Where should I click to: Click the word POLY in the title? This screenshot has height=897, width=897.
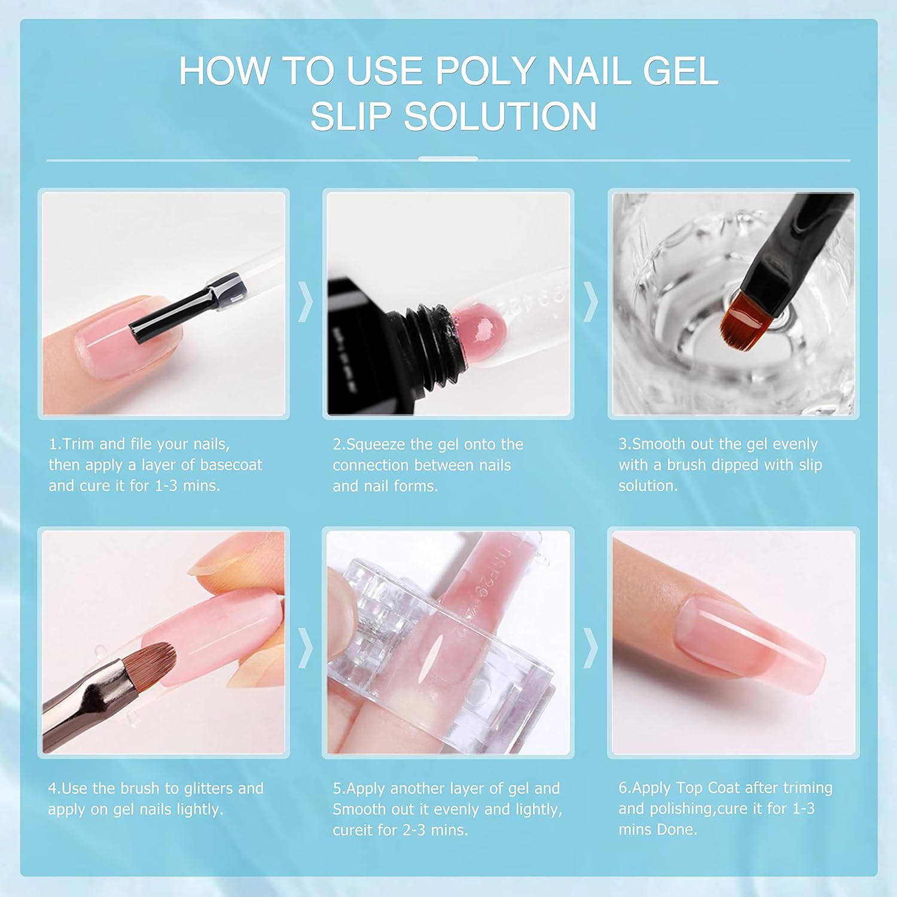(485, 71)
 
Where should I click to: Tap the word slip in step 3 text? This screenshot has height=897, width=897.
(810, 465)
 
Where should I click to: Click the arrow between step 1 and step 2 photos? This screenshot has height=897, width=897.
(306, 302)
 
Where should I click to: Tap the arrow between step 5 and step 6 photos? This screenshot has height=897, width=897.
(591, 647)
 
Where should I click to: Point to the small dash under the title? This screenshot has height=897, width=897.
(448, 159)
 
